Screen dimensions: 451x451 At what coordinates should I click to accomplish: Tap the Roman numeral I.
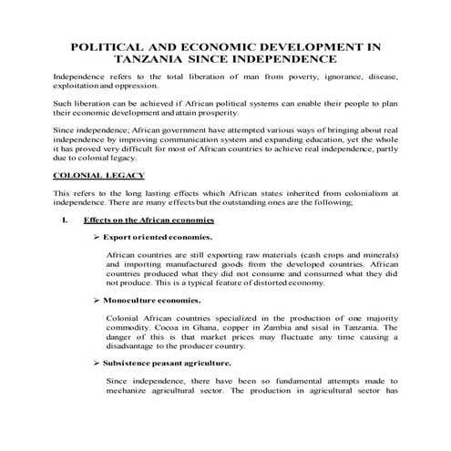[62, 220]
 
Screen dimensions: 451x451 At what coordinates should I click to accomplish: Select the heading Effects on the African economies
[149, 220]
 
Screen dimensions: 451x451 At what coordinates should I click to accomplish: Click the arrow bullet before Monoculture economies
[97, 300]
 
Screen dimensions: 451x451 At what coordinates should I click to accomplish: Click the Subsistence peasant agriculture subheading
[167, 365]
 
